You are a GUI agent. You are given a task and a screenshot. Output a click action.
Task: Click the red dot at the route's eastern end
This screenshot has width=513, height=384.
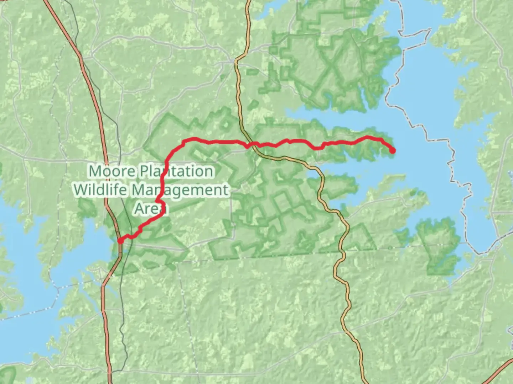pos(392,151)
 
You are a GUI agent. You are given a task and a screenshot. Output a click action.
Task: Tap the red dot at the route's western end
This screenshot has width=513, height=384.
pos(121,241)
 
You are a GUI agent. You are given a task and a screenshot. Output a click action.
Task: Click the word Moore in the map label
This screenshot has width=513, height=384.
pos(112,171)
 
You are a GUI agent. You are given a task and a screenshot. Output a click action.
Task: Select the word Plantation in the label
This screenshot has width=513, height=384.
pos(177,171)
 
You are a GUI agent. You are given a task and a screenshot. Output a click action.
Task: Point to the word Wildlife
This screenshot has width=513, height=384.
pos(101,190)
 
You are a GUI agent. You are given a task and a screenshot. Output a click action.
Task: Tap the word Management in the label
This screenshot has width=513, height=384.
pos(180,190)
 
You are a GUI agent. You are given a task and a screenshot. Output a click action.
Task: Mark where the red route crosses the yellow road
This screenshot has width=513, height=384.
pos(251,144)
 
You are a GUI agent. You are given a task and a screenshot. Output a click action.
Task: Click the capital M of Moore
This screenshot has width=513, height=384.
pos(95,171)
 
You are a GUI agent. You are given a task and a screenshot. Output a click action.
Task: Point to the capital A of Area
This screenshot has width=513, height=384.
pos(140,208)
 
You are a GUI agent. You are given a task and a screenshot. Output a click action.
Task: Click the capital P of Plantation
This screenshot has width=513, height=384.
pos(144,171)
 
